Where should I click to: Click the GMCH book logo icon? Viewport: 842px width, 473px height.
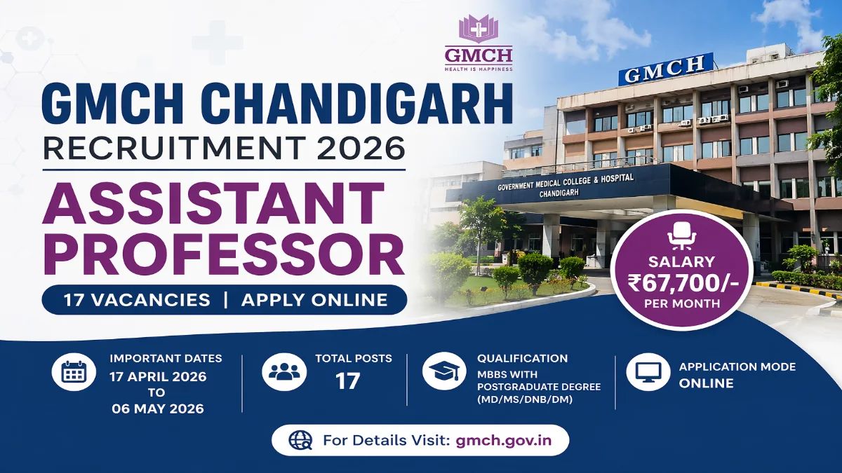(478, 29)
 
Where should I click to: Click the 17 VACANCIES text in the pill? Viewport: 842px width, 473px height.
(137, 300)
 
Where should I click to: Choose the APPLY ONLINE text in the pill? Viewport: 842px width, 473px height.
(314, 300)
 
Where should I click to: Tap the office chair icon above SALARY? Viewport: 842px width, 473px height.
(681, 236)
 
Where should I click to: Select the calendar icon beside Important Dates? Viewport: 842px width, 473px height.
(73, 373)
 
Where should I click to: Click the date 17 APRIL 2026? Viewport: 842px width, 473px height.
(158, 376)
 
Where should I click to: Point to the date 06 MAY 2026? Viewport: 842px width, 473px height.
(158, 409)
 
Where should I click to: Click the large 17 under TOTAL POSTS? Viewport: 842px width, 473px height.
(348, 381)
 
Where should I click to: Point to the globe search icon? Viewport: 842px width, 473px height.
(300, 441)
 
